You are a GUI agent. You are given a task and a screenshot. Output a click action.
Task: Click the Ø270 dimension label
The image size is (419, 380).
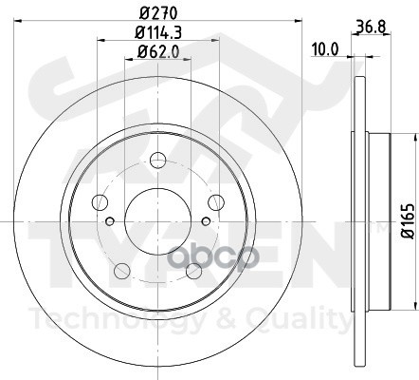click(158, 13)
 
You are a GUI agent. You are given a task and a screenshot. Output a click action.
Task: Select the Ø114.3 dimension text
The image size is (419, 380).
click(158, 32)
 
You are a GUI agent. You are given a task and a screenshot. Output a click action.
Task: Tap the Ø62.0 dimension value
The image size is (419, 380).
click(158, 51)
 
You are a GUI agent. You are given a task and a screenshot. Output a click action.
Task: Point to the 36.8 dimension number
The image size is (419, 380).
click(372, 27)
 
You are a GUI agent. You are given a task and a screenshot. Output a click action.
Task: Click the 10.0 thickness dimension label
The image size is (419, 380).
click(325, 49)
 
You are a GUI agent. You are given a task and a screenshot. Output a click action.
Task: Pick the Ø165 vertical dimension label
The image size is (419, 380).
click(407, 221)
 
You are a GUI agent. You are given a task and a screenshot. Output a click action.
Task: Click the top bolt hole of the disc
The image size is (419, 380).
click(157, 161)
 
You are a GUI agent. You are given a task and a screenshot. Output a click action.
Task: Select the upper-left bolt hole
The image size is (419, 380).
click(100, 202)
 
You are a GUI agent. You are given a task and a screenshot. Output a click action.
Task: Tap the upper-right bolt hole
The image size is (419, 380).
click(216, 202)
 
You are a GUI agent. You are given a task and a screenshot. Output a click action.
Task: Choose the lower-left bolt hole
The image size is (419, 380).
click(122, 271)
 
